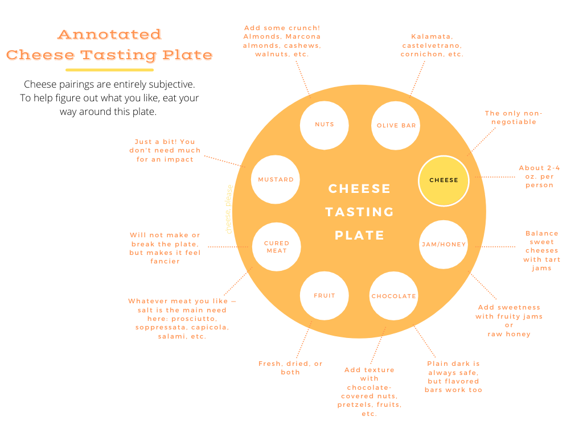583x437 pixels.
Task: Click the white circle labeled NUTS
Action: click(x=324, y=125)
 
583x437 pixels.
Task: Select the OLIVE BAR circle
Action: click(x=396, y=126)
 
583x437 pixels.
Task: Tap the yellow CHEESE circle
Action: click(x=444, y=180)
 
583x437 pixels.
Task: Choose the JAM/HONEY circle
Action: click(x=444, y=245)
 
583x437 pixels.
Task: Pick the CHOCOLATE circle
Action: click(x=393, y=296)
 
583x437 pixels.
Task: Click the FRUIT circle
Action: click(x=324, y=296)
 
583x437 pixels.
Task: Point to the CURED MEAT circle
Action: click(x=276, y=247)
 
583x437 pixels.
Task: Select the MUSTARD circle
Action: click(x=276, y=180)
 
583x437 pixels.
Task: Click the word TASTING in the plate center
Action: click(x=360, y=212)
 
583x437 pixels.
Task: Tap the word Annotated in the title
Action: click(x=109, y=35)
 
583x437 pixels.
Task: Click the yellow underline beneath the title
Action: click(x=109, y=70)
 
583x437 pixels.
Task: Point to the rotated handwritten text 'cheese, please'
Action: click(x=229, y=209)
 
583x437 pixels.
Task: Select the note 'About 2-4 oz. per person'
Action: click(x=539, y=176)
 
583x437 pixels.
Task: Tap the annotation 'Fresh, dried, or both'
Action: click(x=290, y=368)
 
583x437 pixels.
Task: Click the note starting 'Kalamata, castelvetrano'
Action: click(x=432, y=45)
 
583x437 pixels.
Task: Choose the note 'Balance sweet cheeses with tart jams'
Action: click(x=541, y=250)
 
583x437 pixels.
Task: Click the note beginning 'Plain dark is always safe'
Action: click(x=453, y=377)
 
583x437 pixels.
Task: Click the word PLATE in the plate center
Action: click(x=359, y=235)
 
